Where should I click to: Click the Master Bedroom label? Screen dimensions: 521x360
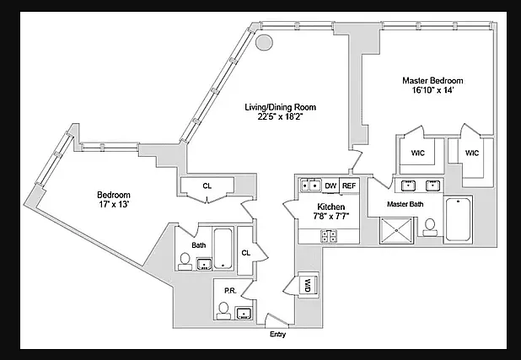tap(432, 80)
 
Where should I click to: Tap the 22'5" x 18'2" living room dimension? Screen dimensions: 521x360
tap(281, 116)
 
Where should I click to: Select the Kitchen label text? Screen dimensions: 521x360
tap(331, 207)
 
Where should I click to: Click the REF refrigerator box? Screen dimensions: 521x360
tap(349, 185)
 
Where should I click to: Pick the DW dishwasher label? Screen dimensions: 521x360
tap(330, 185)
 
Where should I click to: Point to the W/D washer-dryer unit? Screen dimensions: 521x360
tap(309, 285)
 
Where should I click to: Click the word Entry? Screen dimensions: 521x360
tap(277, 334)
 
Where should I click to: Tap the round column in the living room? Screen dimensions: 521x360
tap(264, 42)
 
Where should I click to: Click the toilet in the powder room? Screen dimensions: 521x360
tap(223, 311)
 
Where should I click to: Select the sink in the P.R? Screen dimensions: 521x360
tap(244, 313)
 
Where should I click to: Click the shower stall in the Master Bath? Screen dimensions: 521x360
tap(396, 230)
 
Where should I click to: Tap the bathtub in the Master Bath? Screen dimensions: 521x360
tap(458, 219)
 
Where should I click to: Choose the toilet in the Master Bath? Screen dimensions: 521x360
tap(430, 228)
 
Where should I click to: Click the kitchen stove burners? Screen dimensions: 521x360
tap(329, 236)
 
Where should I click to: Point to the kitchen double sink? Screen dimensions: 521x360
tap(311, 185)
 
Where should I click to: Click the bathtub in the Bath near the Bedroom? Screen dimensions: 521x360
tap(223, 249)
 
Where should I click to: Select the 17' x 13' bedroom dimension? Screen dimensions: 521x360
tap(114, 204)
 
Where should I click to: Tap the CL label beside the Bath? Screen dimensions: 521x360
tap(246, 253)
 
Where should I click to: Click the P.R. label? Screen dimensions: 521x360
tap(230, 291)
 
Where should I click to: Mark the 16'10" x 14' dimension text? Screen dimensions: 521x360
tap(432, 89)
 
